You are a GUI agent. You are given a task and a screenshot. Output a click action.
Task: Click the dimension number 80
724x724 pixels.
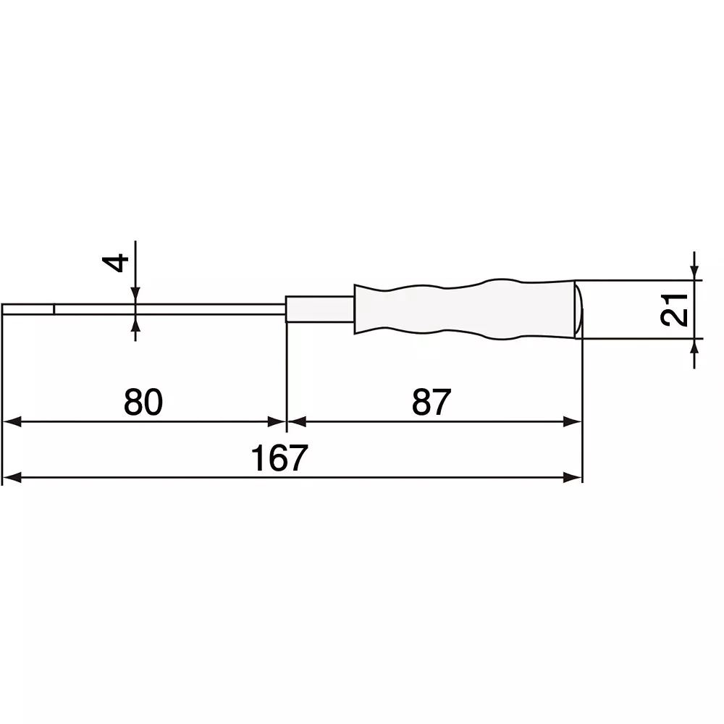143,402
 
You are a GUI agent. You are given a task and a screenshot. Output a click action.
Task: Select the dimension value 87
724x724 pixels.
432,402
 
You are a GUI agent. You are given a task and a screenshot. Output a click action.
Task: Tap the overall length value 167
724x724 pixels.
279,458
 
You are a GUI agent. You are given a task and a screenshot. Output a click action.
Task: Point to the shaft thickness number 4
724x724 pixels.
119,261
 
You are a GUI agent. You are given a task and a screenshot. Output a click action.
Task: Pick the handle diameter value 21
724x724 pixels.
674,310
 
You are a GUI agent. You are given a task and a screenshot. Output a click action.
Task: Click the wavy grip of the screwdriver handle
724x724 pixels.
463,309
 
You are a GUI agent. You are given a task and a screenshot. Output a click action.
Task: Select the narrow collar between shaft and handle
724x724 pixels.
319,308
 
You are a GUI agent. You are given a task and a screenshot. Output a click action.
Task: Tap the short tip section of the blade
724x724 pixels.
28,310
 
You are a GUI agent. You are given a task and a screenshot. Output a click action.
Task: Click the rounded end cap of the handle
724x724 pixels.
578,309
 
